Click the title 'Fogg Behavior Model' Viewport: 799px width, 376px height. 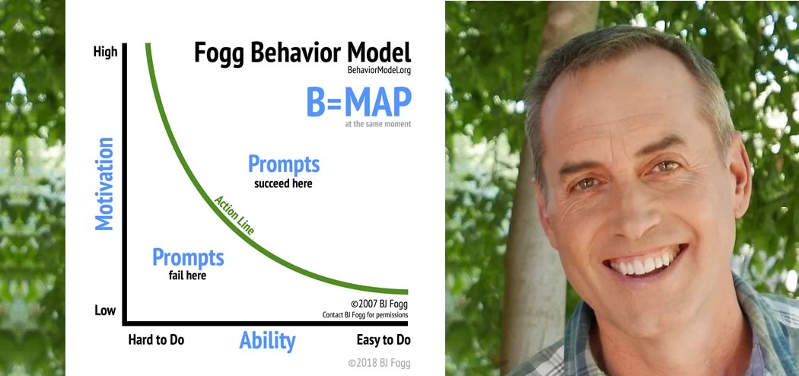pos(303,53)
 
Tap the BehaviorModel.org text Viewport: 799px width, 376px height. pos(379,71)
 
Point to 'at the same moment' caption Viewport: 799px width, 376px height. pos(378,124)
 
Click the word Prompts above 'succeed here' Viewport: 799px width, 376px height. pos(284,164)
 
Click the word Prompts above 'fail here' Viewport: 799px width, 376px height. pos(188,257)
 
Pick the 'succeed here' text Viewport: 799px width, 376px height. pos(283,183)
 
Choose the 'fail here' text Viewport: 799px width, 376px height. pos(187,276)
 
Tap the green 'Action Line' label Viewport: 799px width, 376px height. pos(234,215)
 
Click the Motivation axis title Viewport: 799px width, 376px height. pos(104,183)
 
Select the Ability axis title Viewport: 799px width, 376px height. pos(268,340)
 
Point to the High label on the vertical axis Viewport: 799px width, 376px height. pos(106,52)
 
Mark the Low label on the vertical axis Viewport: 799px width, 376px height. pos(105,310)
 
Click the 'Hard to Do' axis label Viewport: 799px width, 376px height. pos(156,339)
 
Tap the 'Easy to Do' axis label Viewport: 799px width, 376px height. pos(384,339)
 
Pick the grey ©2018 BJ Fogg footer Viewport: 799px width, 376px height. pos(379,363)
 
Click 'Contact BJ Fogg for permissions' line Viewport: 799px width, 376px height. pos(365,315)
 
